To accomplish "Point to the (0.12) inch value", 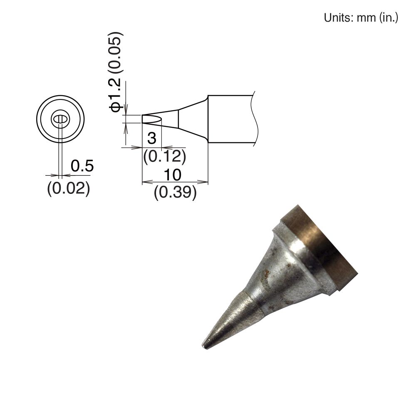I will [x=164, y=156].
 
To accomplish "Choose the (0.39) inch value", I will [x=175, y=192].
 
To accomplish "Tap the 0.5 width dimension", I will [x=82, y=166].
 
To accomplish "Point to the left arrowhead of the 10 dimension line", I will [x=145, y=182].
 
